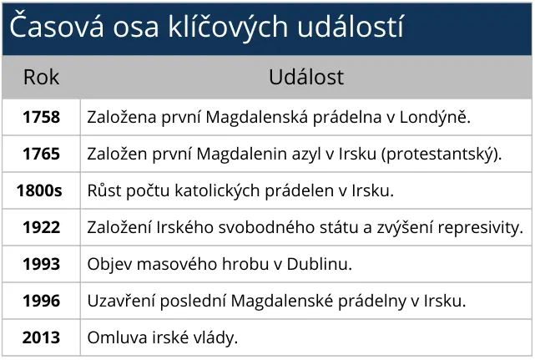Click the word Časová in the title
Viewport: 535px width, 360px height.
(57, 26)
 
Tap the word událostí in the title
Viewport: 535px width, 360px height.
(351, 26)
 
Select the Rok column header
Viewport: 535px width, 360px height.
(41, 77)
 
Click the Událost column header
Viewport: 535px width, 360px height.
(306, 77)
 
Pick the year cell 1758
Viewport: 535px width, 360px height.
(41, 117)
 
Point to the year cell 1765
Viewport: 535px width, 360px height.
(41, 154)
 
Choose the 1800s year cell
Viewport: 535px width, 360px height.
(39, 190)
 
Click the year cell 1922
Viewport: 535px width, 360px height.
(41, 227)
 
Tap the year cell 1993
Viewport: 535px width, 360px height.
(41, 265)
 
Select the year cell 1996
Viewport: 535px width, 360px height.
(41, 301)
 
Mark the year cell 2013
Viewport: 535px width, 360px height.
(41, 337)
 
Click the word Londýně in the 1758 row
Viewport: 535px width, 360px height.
(435, 118)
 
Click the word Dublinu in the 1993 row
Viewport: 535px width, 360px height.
(319, 265)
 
